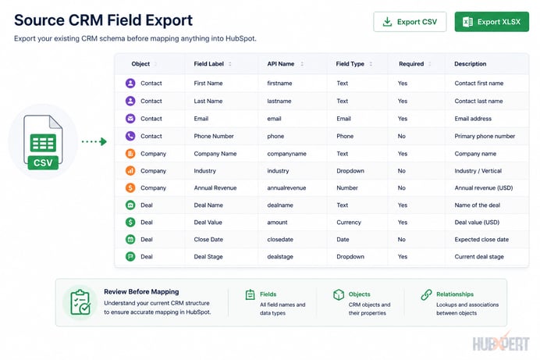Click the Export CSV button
[x=410, y=22]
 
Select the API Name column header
[x=281, y=64]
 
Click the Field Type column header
[x=350, y=64]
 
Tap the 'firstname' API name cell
[x=279, y=83]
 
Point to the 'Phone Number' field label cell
[x=214, y=136]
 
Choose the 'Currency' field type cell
[x=349, y=223]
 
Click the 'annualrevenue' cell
[x=286, y=187]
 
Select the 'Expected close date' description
[x=481, y=240]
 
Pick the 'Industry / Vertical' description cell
[x=478, y=171]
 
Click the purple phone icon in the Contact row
[x=130, y=136]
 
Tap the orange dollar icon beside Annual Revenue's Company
[x=130, y=187]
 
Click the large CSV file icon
[x=43, y=142]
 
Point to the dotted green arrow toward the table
[x=94, y=141]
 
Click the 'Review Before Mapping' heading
[x=141, y=291]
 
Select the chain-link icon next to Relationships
[x=426, y=294]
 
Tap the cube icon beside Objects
[x=339, y=294]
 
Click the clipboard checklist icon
[x=80, y=302]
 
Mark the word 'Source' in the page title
[x=39, y=20]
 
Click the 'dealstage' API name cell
[x=280, y=257]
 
